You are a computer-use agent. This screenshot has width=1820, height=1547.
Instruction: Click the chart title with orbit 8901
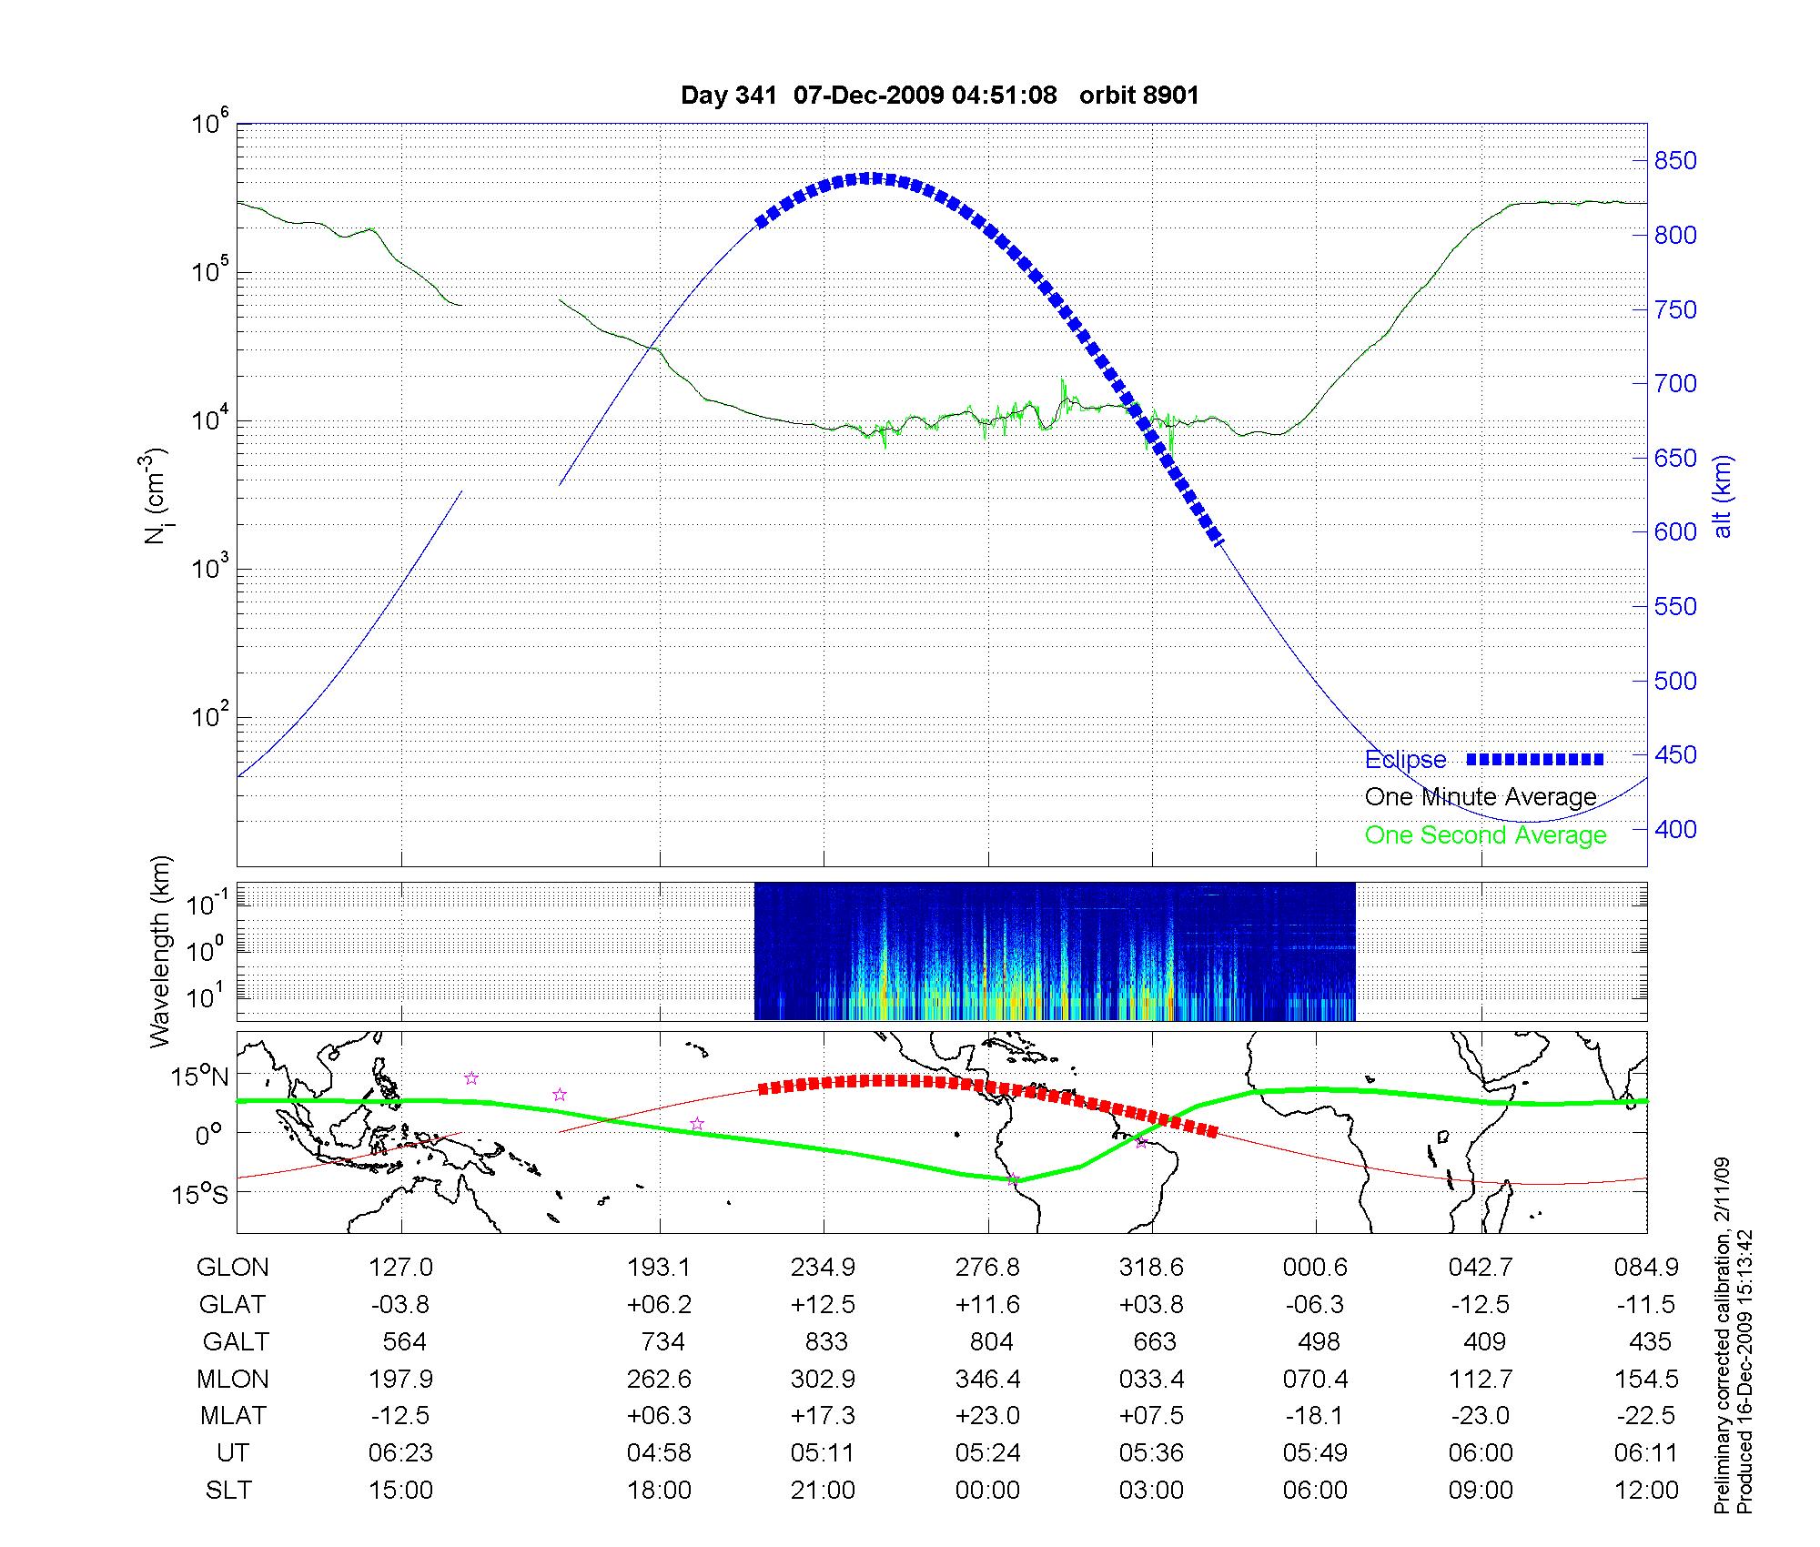pos(940,96)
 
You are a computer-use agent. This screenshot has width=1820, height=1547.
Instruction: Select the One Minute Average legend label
pos(1481,797)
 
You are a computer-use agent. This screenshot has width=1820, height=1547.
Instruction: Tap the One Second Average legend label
pos(1485,835)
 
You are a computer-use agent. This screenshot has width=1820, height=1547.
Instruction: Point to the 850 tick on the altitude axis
pos(1675,161)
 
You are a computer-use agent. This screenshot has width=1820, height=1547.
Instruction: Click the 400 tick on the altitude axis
pos(1675,829)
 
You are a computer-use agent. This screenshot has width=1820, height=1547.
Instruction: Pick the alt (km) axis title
pos(1723,496)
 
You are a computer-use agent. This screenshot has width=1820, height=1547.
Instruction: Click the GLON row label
pos(233,1268)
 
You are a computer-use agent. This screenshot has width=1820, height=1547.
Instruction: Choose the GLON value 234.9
pos(823,1268)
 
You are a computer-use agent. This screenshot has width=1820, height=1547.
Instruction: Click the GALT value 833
pos(826,1342)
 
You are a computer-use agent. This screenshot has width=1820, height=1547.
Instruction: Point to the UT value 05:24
pos(987,1453)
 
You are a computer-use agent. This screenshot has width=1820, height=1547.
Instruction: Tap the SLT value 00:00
pos(987,1491)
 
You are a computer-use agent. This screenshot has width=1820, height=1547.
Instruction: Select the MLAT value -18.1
pos(1315,1416)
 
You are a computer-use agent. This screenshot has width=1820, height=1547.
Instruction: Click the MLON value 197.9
pos(401,1380)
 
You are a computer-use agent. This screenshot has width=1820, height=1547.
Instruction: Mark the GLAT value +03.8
pos(1151,1305)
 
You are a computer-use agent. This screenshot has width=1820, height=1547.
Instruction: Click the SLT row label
pos(228,1491)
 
